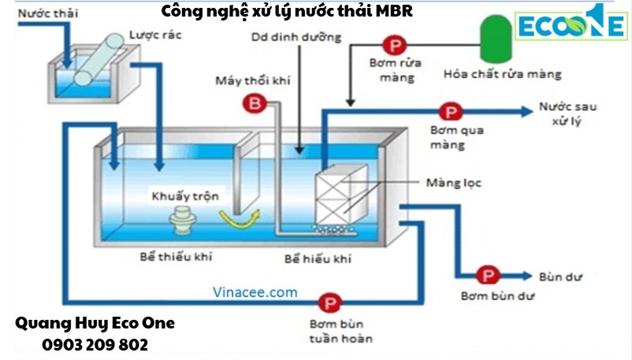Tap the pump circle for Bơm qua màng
coord(450,113)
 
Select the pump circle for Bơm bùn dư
coord(487,276)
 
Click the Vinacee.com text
coord(255,292)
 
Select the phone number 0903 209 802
coord(95,345)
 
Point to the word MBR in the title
coord(395,12)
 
